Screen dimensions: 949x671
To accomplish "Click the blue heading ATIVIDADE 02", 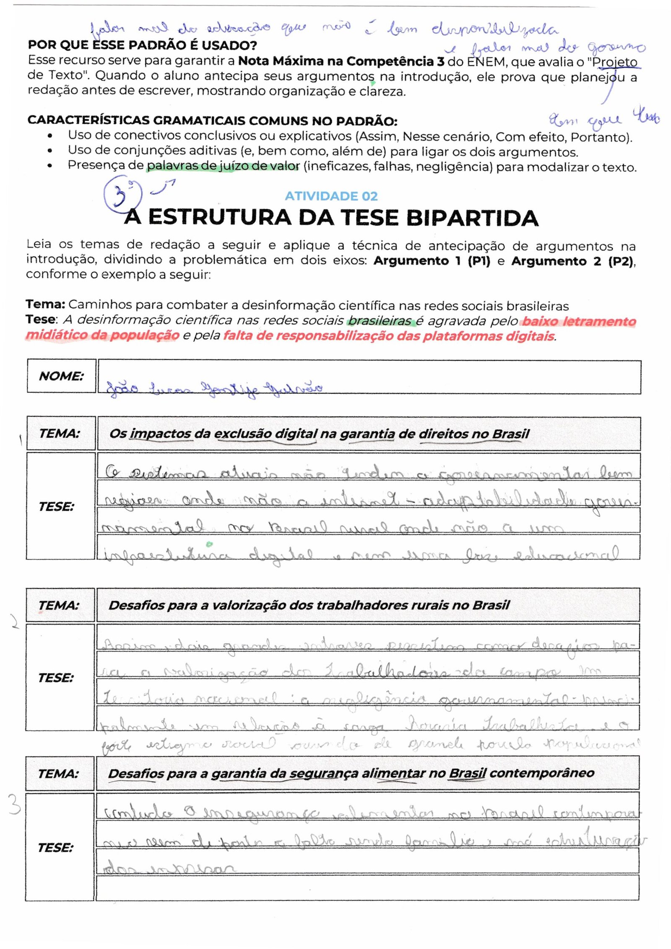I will [331, 196].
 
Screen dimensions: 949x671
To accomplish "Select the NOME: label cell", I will [62, 376].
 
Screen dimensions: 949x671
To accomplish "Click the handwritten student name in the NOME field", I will [214, 388].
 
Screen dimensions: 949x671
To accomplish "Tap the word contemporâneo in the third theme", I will [541, 773].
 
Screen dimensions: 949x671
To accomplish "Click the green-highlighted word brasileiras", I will [380, 321].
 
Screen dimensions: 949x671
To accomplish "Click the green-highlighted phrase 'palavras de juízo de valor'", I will [223, 166].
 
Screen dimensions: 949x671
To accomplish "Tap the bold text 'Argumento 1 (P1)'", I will [432, 261].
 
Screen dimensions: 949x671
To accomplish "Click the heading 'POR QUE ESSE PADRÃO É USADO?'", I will [142, 45].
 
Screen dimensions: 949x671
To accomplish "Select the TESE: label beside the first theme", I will [57, 506].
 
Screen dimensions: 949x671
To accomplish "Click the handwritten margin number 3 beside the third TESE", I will [15, 805].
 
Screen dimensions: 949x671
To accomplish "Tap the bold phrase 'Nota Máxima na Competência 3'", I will [341, 61].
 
